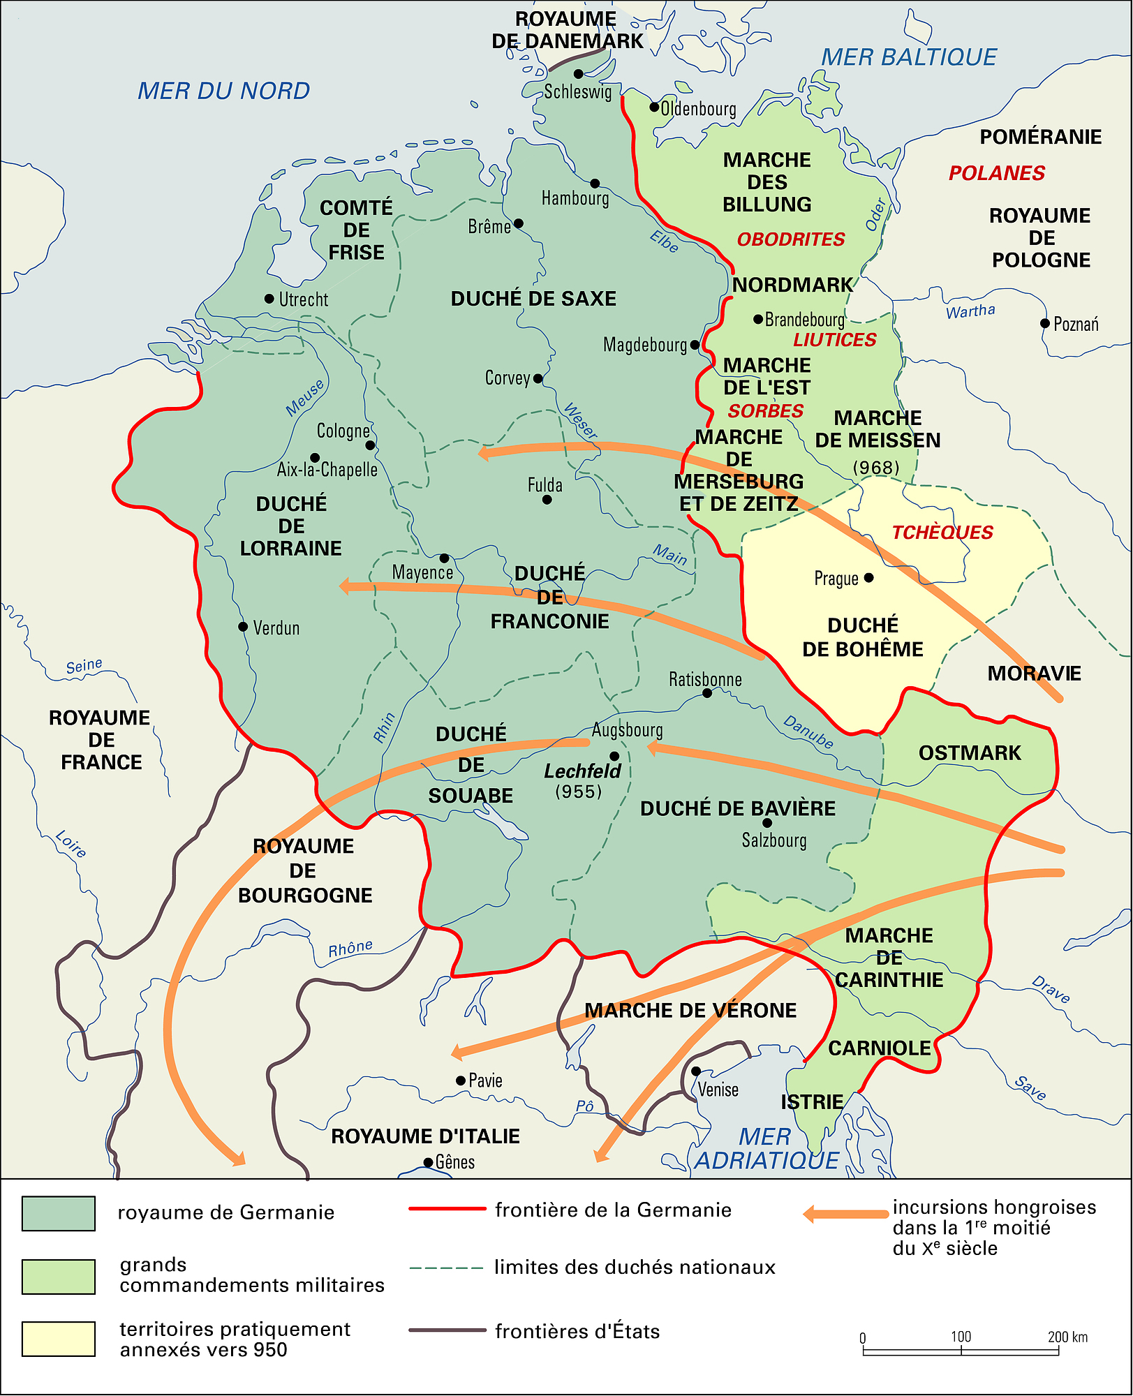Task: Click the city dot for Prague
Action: point(868,577)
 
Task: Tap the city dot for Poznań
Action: point(1044,323)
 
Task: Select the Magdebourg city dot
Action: point(695,345)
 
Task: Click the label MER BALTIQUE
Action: point(908,57)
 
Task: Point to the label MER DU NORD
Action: point(223,91)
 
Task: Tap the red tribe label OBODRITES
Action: point(790,239)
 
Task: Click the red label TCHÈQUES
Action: point(942,533)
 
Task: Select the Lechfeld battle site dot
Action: point(614,756)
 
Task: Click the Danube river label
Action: point(808,732)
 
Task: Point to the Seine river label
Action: point(84,666)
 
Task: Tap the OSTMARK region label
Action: point(969,753)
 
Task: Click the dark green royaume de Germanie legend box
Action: point(59,1213)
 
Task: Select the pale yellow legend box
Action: point(59,1339)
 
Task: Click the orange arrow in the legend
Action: point(845,1214)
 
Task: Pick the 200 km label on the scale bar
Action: point(1067,1337)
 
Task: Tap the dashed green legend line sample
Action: point(446,1268)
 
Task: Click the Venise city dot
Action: point(696,1071)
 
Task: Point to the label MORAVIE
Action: point(1033,674)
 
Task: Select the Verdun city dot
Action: point(243,627)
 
